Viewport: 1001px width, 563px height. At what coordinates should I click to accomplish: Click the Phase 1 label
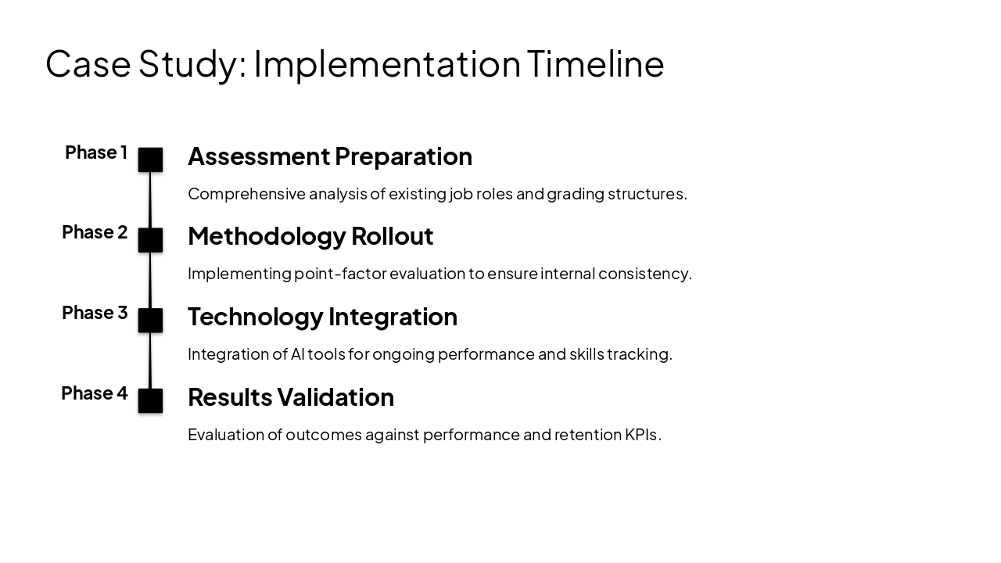click(x=95, y=152)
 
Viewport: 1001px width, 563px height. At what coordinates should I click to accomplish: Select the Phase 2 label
click(x=95, y=232)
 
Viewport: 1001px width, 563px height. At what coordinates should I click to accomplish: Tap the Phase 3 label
click(x=95, y=313)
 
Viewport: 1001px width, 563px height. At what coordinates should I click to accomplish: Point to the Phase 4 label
click(x=94, y=393)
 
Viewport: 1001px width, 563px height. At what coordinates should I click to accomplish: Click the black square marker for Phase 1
click(x=150, y=160)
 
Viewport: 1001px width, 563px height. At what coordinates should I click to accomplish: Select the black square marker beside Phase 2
click(x=150, y=240)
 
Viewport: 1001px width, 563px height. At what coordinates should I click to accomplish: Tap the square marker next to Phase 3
click(x=150, y=321)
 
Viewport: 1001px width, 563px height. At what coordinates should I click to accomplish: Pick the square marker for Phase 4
click(x=150, y=400)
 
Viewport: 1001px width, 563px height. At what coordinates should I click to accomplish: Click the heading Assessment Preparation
click(x=329, y=156)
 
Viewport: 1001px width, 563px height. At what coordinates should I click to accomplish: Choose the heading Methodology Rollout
click(x=310, y=236)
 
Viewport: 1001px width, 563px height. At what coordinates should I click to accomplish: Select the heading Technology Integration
click(x=322, y=317)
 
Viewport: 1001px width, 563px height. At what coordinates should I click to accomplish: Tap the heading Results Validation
click(x=290, y=397)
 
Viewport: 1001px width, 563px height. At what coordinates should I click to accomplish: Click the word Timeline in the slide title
click(x=595, y=63)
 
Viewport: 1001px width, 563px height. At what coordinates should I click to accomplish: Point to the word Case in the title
click(x=88, y=63)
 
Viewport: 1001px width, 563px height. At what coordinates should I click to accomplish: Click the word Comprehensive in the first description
click(x=246, y=194)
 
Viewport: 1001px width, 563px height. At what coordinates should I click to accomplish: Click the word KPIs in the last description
click(x=642, y=435)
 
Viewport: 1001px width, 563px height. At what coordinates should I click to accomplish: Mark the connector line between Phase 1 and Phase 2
click(x=150, y=200)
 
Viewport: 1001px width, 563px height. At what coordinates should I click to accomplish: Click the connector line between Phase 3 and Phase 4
click(x=150, y=360)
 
